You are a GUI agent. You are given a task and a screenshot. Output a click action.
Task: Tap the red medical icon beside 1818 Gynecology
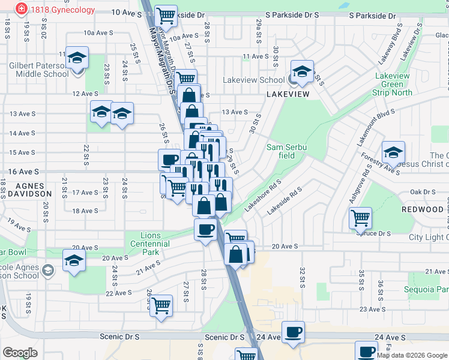(x=22, y=9)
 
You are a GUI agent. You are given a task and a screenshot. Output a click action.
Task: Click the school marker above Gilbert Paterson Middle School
(x=77, y=58)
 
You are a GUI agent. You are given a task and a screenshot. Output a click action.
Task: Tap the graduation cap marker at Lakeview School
(x=302, y=72)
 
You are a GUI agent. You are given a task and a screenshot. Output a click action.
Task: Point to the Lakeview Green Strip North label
(x=393, y=85)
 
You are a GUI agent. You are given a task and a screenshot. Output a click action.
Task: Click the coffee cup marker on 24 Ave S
(x=293, y=332)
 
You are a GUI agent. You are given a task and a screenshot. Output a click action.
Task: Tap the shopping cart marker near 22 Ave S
(x=161, y=306)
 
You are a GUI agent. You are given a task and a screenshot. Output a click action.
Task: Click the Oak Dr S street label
(x=422, y=192)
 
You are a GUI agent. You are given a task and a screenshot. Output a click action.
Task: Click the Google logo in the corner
(x=20, y=353)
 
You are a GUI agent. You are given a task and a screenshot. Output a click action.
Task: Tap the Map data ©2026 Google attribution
(x=411, y=355)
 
